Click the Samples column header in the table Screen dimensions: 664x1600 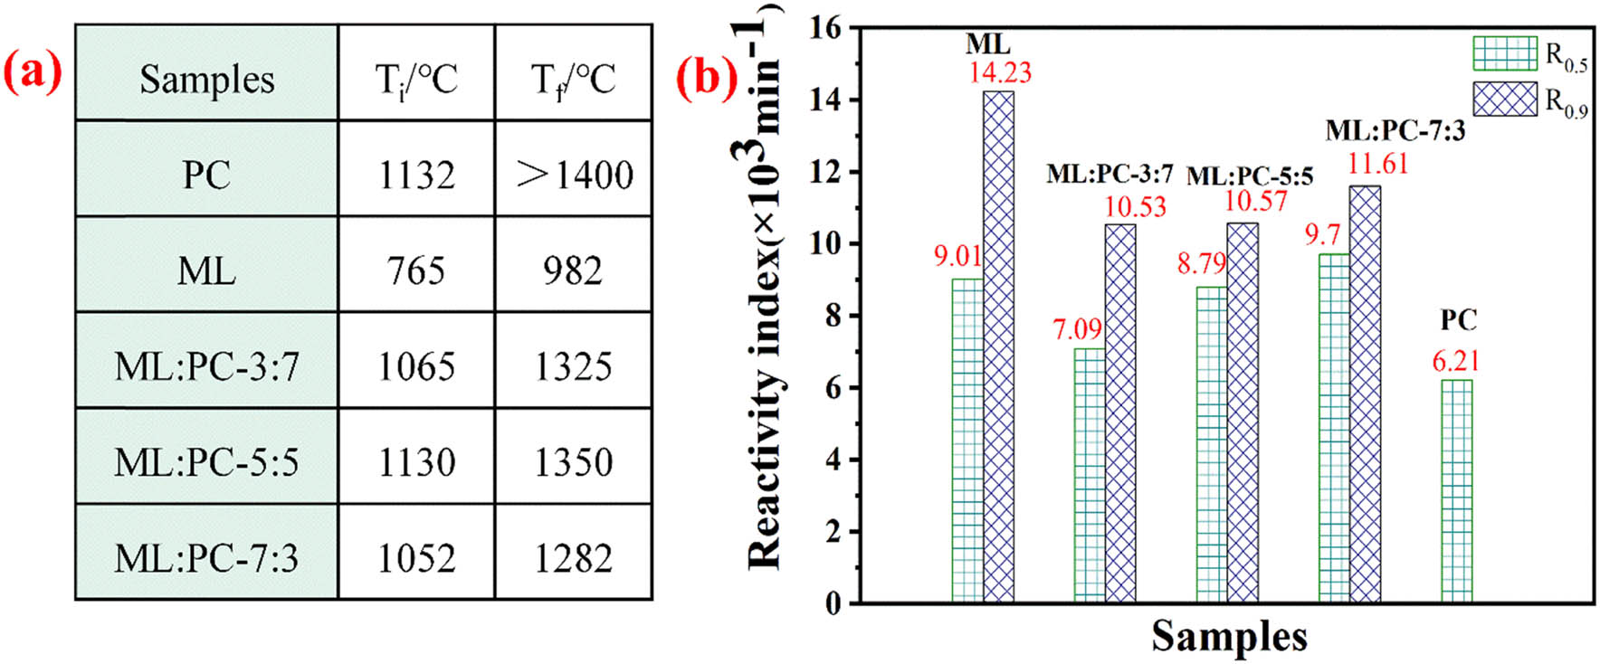(206, 80)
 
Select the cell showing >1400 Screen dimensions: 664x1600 (574, 175)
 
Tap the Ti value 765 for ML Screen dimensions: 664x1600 (416, 270)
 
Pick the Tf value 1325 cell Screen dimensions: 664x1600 (574, 366)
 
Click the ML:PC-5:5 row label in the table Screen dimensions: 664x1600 (206, 462)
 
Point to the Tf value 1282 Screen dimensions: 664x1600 (574, 558)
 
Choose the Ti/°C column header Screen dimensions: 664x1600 (416, 80)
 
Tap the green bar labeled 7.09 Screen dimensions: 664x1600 (1090, 475)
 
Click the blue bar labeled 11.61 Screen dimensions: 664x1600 (1365, 394)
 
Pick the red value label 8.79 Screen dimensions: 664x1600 (1201, 264)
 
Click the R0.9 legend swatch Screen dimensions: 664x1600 (1505, 99)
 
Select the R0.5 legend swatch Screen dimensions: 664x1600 (1505, 53)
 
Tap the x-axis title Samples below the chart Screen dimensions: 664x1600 (1229, 636)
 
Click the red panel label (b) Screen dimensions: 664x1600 (708, 76)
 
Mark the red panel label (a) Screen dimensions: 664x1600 (33, 72)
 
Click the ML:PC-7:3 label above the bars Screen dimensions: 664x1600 (1395, 131)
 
